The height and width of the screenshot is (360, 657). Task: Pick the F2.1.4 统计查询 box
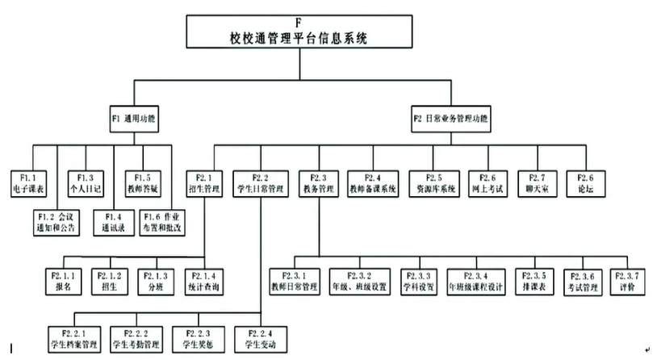tap(203, 280)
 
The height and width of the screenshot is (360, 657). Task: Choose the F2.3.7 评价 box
tap(629, 280)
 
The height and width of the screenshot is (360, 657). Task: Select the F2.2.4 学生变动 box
tap(259, 339)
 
